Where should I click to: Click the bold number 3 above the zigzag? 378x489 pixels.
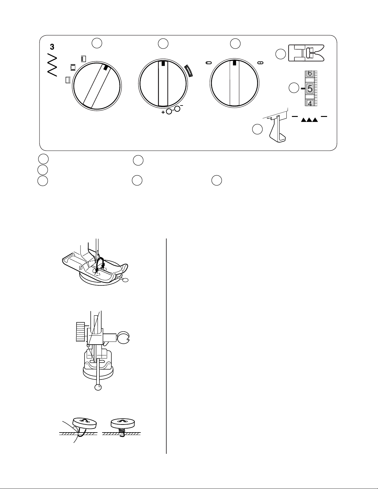tap(52, 47)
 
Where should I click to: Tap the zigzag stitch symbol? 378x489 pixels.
tap(52, 67)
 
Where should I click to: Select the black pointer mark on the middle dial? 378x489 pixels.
tap(163, 64)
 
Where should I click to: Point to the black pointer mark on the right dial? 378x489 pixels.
tap(234, 63)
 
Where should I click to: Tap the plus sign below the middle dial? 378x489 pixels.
tap(163, 112)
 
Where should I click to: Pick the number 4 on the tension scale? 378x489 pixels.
tap(310, 103)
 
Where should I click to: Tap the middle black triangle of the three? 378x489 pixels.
tap(309, 120)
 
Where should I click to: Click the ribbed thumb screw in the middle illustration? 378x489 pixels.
tap(80, 332)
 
